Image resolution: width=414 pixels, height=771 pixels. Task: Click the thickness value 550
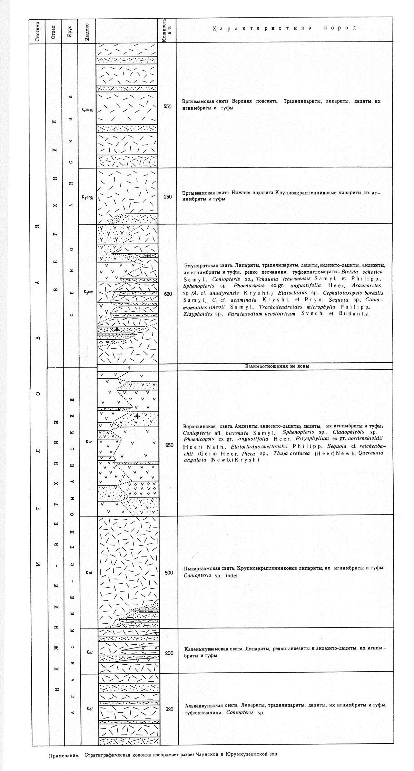click(167, 107)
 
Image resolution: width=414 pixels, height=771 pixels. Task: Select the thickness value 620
click(168, 294)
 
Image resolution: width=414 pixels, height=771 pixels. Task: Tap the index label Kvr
click(88, 441)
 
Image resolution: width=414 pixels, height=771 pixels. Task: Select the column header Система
click(38, 32)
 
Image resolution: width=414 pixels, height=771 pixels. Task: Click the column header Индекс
click(87, 32)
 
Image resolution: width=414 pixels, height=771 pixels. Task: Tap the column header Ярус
click(70, 32)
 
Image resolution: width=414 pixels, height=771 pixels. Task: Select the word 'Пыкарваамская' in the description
click(200, 568)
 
